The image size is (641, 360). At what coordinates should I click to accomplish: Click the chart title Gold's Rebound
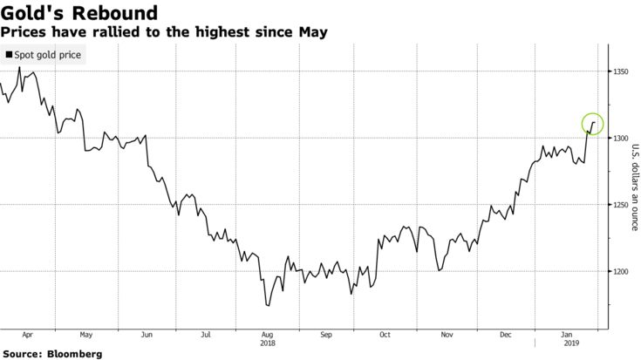[x=79, y=14]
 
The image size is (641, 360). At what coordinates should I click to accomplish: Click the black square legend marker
[x=10, y=55]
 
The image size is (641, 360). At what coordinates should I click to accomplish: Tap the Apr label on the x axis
[x=26, y=333]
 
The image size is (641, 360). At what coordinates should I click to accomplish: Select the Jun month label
[x=147, y=333]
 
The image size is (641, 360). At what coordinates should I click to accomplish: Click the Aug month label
[x=267, y=333]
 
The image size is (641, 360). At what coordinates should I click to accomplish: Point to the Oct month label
[x=385, y=333]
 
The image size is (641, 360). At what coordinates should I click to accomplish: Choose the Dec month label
[x=505, y=333]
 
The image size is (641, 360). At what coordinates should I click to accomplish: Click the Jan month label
[x=566, y=333]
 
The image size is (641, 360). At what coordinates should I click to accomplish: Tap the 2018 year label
[x=267, y=343]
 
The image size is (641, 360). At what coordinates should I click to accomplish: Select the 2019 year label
[x=566, y=343]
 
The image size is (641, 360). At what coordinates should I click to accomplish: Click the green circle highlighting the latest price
[x=592, y=125]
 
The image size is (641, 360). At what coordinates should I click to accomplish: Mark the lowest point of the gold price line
[x=268, y=306]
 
